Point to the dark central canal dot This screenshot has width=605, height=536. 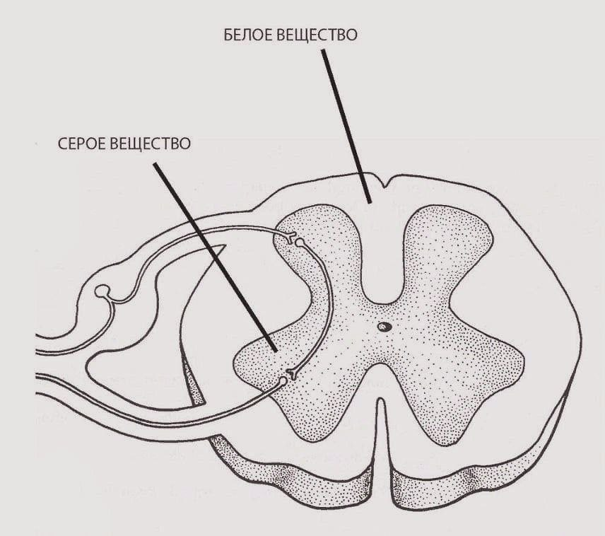[x=384, y=327]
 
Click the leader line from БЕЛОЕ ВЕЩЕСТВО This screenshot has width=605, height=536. [x=346, y=127]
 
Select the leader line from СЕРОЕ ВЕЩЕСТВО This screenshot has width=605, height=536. [x=216, y=257]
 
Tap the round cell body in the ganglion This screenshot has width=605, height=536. [x=102, y=291]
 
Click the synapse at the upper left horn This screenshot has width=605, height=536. [x=291, y=238]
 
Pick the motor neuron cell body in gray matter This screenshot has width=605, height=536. [x=283, y=382]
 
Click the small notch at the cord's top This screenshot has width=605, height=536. [x=383, y=184]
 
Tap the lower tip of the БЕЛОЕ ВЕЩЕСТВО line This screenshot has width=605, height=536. [x=370, y=202]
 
